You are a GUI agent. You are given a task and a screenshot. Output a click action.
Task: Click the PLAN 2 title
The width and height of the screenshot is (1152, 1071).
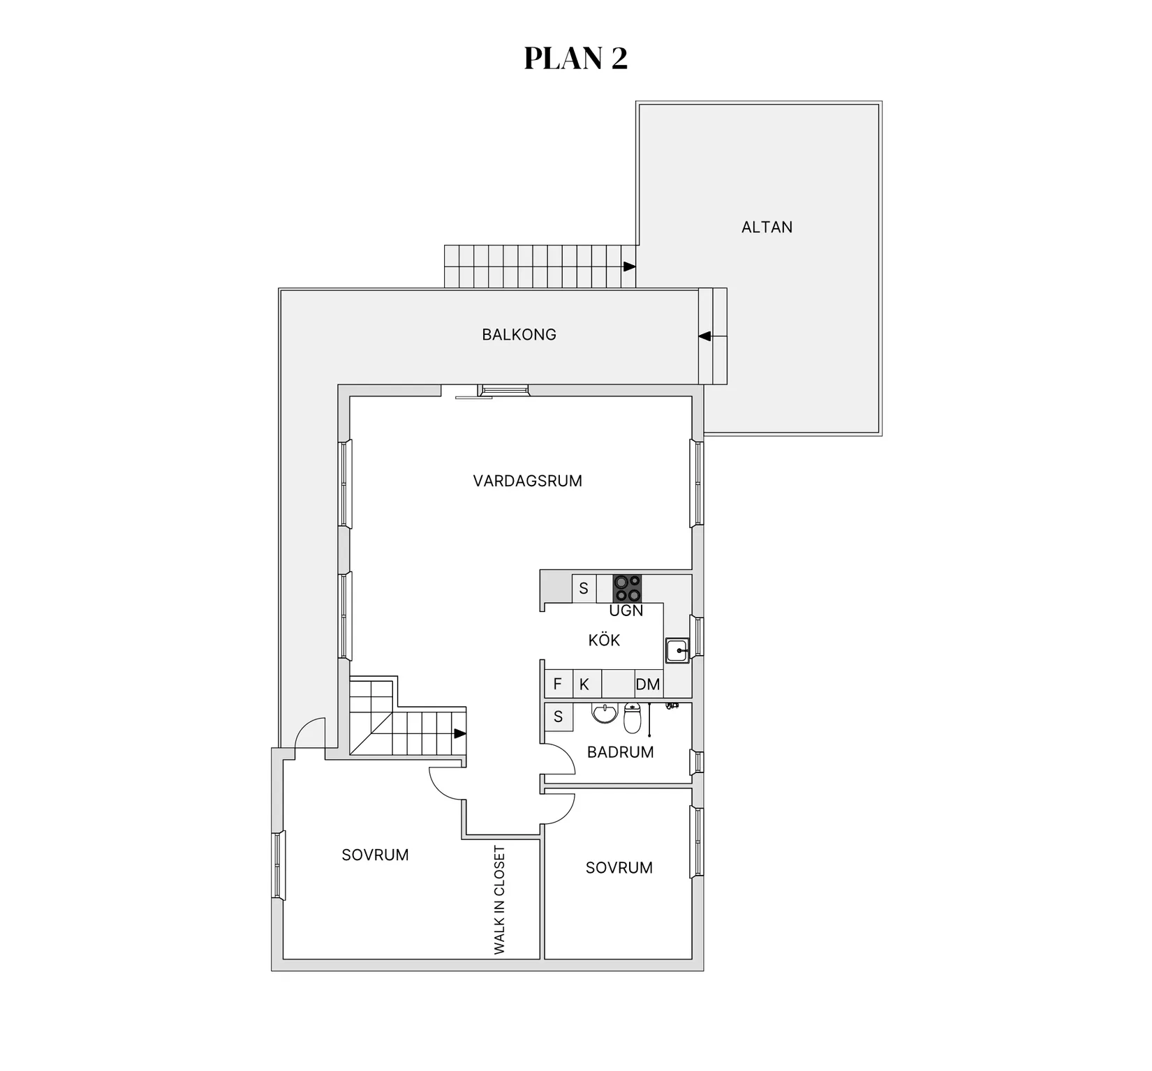click(576, 59)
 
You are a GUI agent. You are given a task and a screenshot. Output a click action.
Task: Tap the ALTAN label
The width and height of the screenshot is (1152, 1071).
click(767, 227)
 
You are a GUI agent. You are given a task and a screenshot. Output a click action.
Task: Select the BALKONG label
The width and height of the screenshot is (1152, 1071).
click(519, 335)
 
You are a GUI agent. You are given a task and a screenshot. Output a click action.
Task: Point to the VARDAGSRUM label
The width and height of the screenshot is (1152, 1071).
click(527, 481)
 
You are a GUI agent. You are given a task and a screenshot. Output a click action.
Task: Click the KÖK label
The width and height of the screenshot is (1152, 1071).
click(604, 640)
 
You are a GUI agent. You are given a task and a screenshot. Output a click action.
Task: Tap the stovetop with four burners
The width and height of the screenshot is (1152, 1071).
click(627, 588)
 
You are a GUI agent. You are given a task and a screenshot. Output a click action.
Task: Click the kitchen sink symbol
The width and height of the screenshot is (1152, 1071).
click(677, 650)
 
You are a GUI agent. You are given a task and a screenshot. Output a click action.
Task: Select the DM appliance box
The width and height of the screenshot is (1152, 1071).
click(648, 684)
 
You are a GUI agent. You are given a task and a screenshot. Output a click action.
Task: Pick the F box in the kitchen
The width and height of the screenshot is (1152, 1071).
click(558, 684)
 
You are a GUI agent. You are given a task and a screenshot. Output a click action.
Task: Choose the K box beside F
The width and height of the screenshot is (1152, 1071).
click(586, 684)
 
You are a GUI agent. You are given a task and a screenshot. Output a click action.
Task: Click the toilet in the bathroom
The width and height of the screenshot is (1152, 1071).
click(632, 718)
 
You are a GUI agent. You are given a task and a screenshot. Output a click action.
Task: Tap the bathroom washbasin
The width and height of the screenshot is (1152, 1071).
click(604, 713)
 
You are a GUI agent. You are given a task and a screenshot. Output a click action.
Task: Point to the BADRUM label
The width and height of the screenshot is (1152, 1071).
click(620, 752)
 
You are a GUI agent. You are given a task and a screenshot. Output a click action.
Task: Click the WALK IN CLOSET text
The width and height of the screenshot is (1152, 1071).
click(499, 900)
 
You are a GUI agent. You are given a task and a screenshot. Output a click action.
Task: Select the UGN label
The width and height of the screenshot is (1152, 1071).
click(626, 611)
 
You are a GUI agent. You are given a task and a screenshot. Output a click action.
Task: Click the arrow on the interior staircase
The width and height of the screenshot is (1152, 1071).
click(460, 733)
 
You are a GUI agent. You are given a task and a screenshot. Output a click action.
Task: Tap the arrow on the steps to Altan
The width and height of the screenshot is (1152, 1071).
click(630, 267)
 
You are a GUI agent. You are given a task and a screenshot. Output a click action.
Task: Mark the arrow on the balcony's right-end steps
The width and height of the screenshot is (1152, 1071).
click(704, 336)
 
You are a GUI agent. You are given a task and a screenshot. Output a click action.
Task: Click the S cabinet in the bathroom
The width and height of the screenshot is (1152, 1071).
click(559, 717)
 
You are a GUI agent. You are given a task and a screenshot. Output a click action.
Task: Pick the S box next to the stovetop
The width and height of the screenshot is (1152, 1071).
click(584, 588)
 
